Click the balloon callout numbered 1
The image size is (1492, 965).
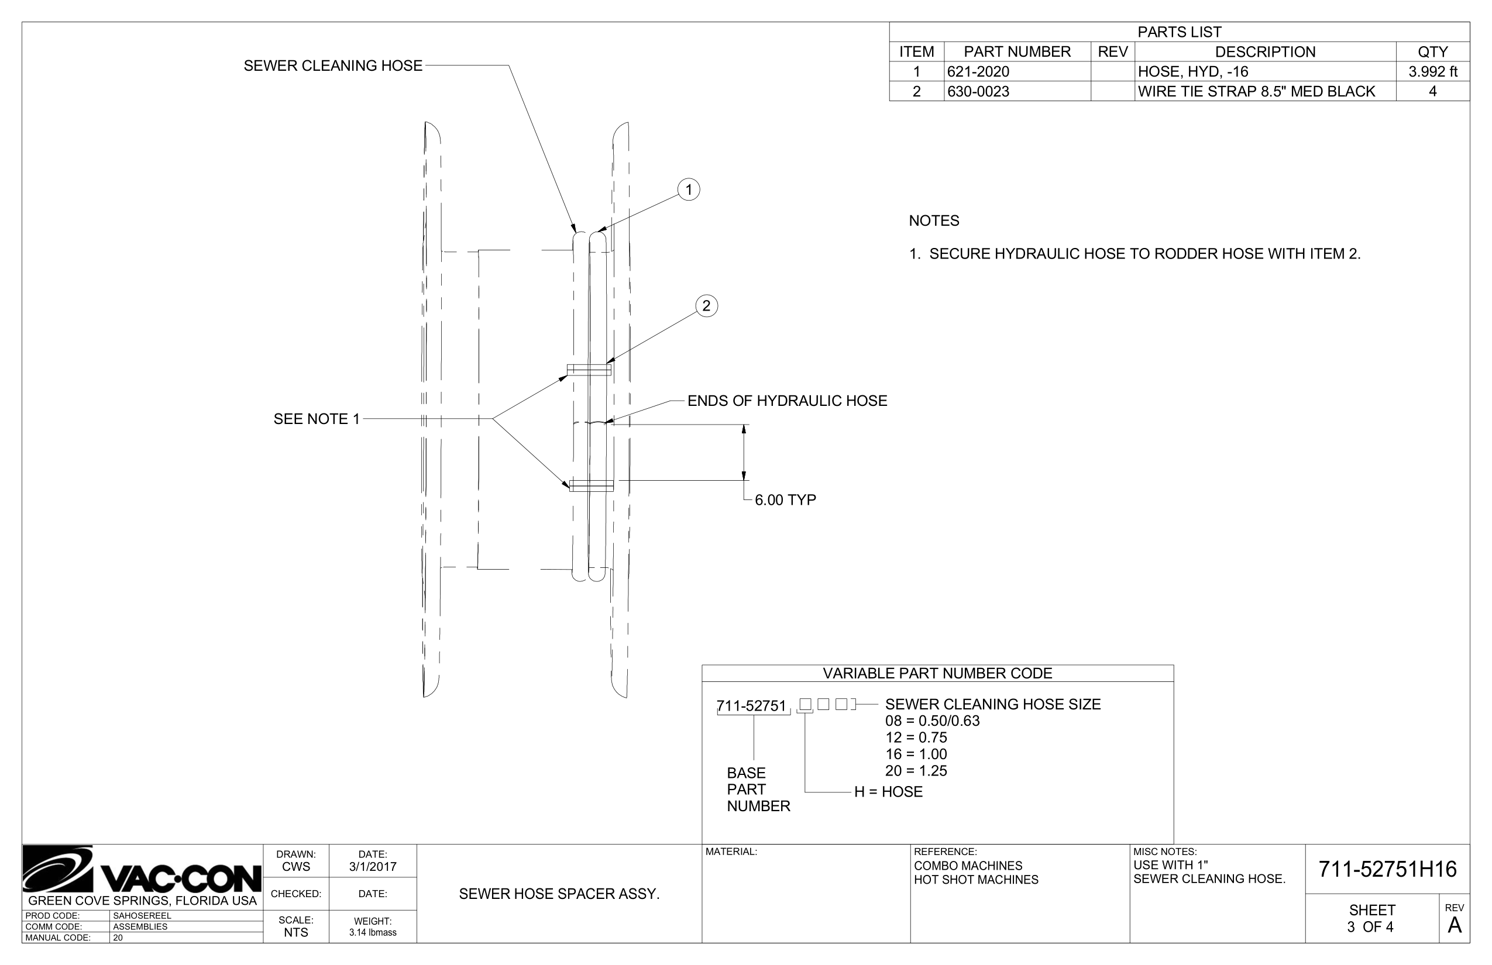[x=688, y=189]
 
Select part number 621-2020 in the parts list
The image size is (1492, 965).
[x=978, y=71]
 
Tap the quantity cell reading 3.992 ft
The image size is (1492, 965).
[x=1432, y=71]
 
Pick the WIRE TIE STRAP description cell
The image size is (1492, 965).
[x=1256, y=91]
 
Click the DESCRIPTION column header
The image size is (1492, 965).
[x=1264, y=52]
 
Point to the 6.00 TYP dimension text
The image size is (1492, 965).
[x=785, y=500]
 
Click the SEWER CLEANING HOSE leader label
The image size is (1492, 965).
[x=333, y=66]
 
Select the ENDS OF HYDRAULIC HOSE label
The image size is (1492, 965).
[x=787, y=401]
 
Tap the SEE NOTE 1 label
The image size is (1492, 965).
[x=317, y=419]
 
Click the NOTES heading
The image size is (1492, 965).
[x=933, y=220]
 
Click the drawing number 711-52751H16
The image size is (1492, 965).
[x=1387, y=869]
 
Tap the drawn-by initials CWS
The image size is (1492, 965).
[x=296, y=867]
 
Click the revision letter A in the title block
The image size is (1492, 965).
[x=1455, y=925]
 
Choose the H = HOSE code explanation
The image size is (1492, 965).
[x=888, y=792]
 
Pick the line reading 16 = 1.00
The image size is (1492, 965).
[x=916, y=754]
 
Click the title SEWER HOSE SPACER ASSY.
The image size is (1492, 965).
[x=559, y=894]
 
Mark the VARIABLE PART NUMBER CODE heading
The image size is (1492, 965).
[x=937, y=674]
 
